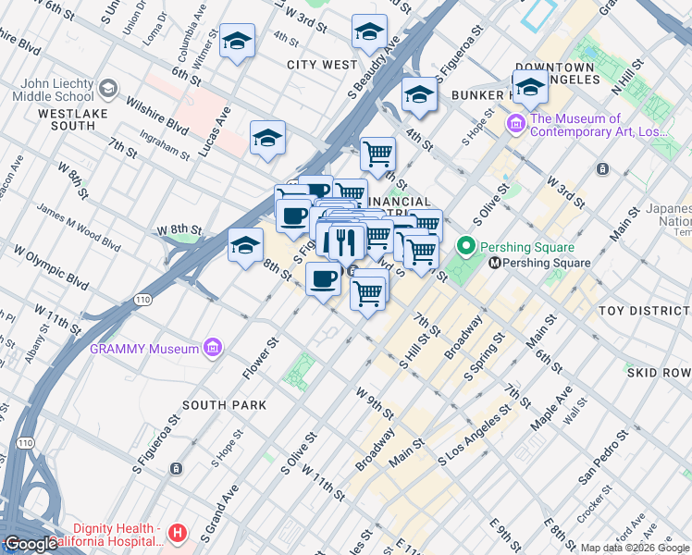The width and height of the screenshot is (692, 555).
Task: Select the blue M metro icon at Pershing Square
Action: click(x=495, y=263)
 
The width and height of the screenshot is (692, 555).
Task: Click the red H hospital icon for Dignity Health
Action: click(x=177, y=534)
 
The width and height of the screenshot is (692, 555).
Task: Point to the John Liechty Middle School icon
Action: click(x=107, y=89)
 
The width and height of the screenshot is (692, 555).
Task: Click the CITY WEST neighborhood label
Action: click(x=322, y=65)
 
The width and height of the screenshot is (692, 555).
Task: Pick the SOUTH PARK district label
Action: click(x=224, y=405)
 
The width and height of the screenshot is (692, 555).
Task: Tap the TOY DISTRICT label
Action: click(x=644, y=311)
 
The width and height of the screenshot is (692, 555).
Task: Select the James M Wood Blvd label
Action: click(x=78, y=227)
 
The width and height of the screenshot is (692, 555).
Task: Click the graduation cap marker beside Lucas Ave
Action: click(x=268, y=138)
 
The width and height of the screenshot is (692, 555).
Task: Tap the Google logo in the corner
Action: click(x=30, y=544)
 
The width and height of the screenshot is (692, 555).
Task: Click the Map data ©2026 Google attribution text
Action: click(x=634, y=548)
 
